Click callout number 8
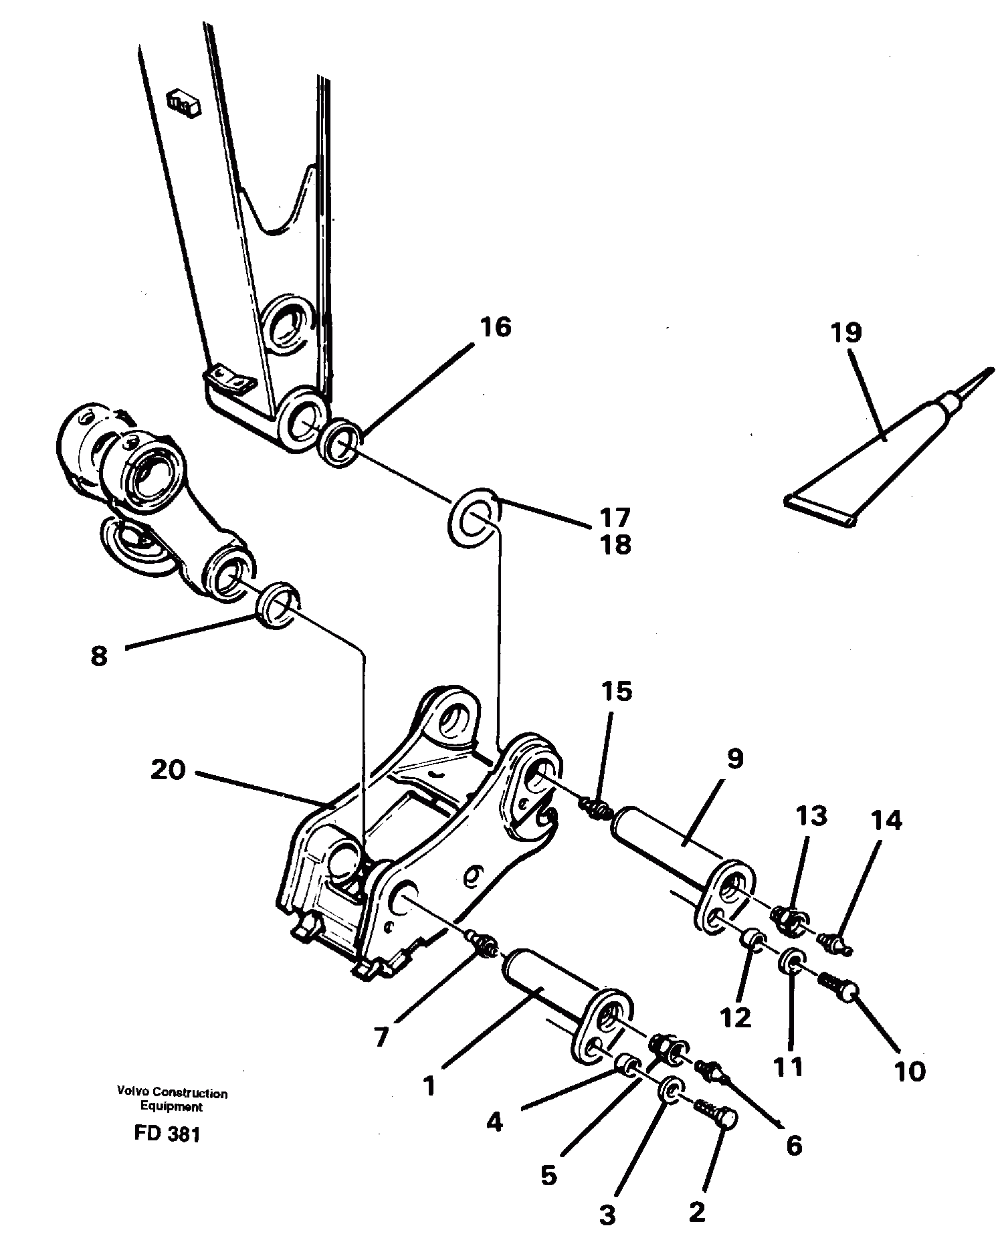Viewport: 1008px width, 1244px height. (98, 657)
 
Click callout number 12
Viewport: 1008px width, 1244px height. (737, 1018)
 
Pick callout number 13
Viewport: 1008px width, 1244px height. (811, 817)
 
